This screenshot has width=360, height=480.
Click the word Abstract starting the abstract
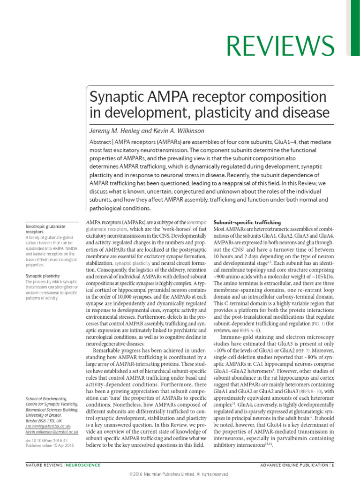pyautogui.click(x=102, y=142)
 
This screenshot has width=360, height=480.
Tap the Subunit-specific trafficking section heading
pyautogui.click(x=247, y=222)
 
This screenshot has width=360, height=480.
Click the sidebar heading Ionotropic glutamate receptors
pyautogui.click(x=45, y=229)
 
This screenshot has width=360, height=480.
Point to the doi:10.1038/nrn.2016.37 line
pyautogui.click(x=46, y=427)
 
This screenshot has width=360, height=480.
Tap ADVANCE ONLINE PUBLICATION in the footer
pyautogui.click(x=294, y=465)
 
